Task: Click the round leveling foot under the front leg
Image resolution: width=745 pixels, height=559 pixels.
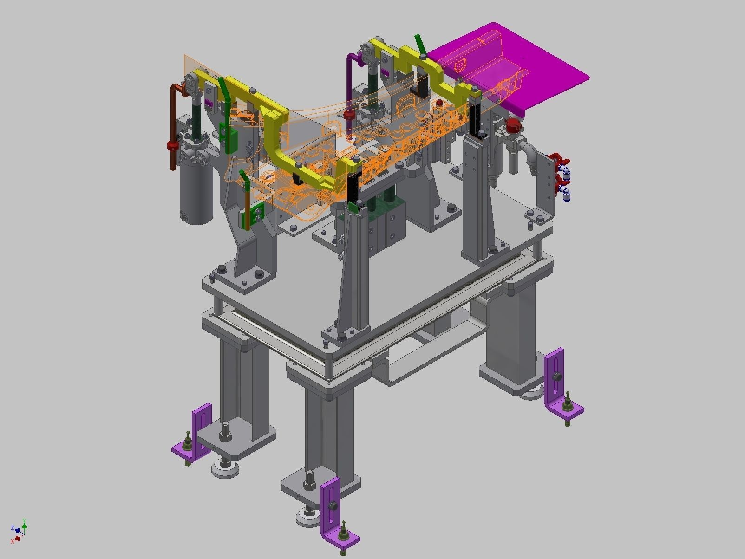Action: tap(310, 518)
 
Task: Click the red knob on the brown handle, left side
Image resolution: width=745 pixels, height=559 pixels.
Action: tap(173, 146)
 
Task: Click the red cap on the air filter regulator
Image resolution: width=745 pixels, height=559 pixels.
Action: tap(513, 124)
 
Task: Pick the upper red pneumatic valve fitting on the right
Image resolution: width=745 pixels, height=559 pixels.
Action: tap(556, 158)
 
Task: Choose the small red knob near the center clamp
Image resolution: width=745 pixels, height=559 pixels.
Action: tap(349, 114)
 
